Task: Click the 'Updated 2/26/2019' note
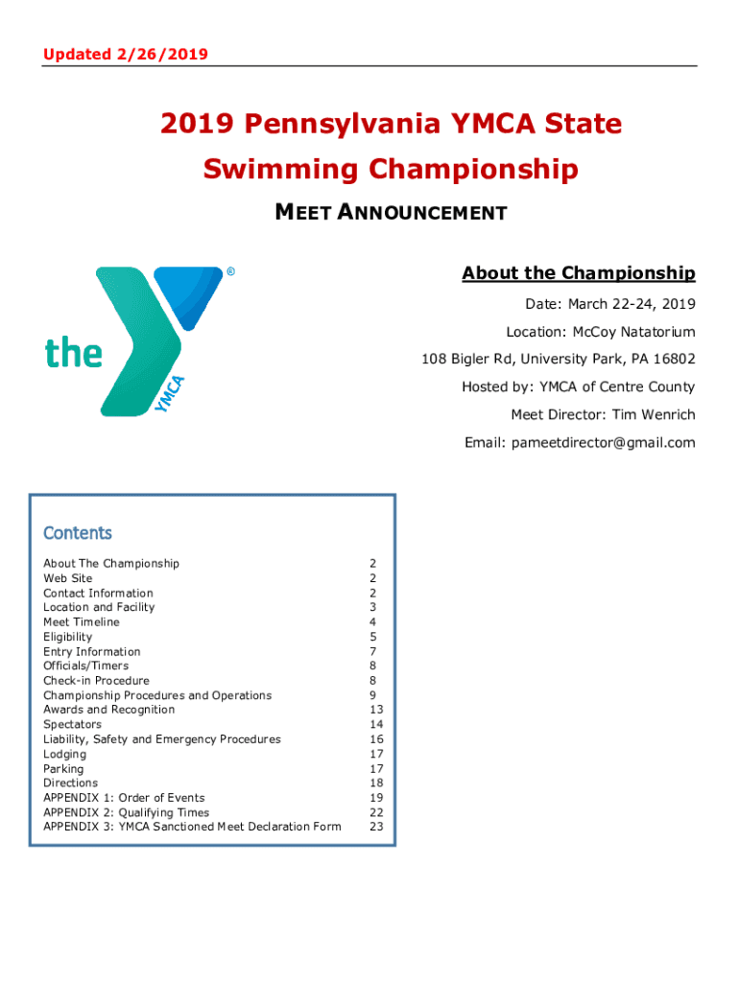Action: click(125, 55)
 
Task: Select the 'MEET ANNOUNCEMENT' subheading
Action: click(391, 212)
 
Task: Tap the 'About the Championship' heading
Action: click(578, 274)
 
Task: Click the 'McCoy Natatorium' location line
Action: click(601, 332)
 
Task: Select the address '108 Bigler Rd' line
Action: click(558, 360)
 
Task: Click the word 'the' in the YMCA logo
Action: click(74, 353)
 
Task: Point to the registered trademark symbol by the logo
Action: click(231, 272)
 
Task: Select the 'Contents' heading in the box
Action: click(78, 533)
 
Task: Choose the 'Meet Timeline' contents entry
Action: click(82, 622)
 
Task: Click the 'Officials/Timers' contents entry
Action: click(85, 666)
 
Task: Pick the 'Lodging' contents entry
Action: click(64, 754)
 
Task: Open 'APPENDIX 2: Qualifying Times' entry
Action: click(126, 812)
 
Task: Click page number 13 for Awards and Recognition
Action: click(375, 710)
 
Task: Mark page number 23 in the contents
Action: click(375, 827)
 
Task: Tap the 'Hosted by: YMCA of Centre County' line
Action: click(578, 387)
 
